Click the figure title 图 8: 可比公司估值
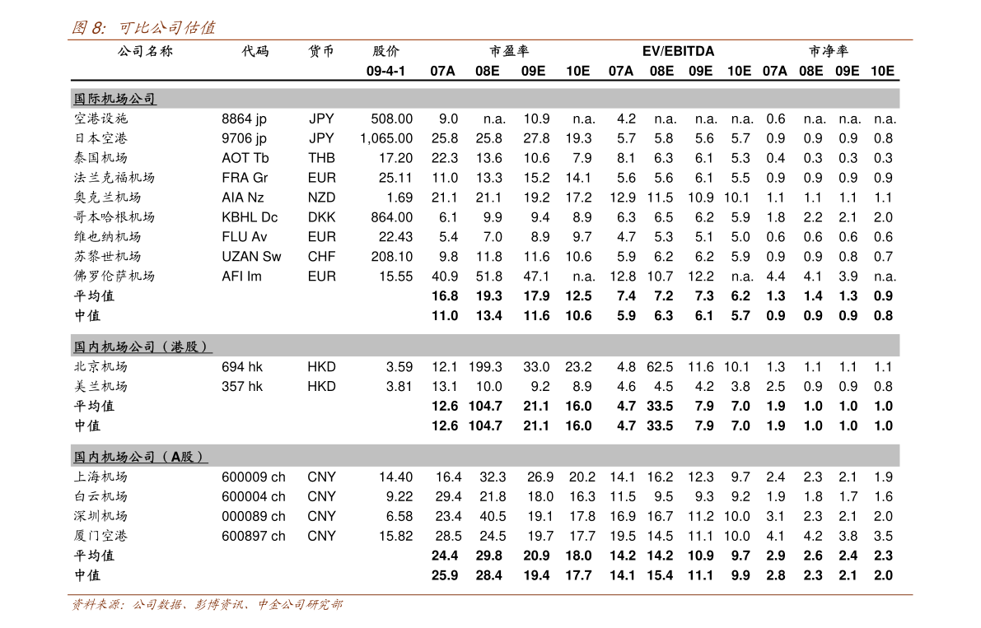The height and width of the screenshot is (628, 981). [143, 27]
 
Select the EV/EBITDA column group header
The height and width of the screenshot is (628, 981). [678, 51]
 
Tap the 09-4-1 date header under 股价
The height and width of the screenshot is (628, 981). [385, 72]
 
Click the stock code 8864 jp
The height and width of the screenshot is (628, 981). [244, 119]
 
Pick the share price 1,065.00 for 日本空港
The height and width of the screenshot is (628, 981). [386, 138]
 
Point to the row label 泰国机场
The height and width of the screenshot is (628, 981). [100, 158]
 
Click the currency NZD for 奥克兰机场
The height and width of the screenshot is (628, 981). [321, 198]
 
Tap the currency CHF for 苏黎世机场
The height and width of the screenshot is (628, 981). [321, 257]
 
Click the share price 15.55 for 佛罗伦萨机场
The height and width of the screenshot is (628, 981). [395, 277]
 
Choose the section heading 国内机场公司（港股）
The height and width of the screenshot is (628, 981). [140, 347]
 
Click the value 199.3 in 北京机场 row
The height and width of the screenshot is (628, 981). [485, 367]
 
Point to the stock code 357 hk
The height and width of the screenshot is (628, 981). [242, 387]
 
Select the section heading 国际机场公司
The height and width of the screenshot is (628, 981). [114, 99]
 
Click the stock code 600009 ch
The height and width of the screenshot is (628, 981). [254, 477]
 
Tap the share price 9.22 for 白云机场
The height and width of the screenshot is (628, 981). [399, 497]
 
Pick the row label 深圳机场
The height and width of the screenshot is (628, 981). [100, 516]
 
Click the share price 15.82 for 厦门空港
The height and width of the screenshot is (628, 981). [395, 536]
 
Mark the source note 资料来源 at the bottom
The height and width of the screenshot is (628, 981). [207, 605]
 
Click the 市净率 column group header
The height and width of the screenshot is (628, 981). [829, 51]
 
